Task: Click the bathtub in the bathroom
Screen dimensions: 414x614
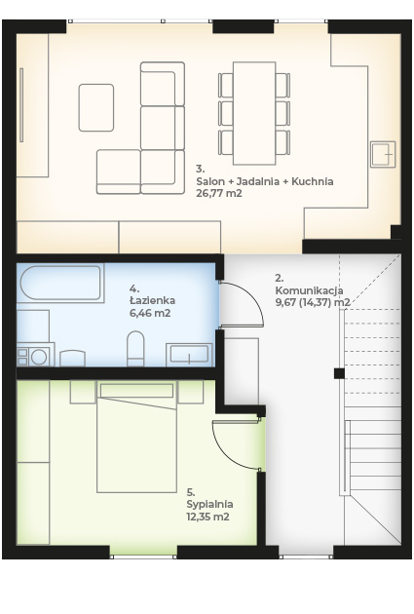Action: point(60,283)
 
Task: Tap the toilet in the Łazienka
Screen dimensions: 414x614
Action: point(135,349)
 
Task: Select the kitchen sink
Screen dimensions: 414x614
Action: point(383,154)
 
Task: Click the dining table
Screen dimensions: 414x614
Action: point(254,113)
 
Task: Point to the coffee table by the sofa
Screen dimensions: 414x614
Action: point(96,107)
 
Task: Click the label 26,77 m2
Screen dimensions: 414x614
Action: point(219,193)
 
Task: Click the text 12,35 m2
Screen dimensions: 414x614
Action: point(207,517)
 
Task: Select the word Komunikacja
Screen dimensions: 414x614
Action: point(310,290)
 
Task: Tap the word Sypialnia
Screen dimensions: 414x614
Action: point(210,504)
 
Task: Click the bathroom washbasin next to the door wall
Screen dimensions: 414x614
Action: point(189,355)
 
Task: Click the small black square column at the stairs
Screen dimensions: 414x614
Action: point(339,373)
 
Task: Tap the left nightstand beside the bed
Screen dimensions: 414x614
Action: point(83,392)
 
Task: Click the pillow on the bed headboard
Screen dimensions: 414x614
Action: point(136,391)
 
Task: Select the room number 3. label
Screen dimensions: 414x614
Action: point(201,169)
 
